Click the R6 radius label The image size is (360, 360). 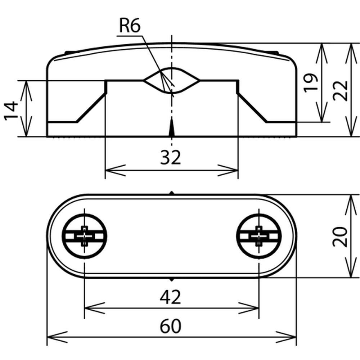point(130,26)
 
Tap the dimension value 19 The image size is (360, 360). point(311,83)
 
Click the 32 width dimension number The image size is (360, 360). point(171,157)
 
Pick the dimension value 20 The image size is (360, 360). point(340,237)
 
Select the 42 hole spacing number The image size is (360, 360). point(170,297)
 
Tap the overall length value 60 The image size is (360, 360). point(170,326)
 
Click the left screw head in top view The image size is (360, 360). point(85,236)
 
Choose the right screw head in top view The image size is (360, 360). point(259,236)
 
